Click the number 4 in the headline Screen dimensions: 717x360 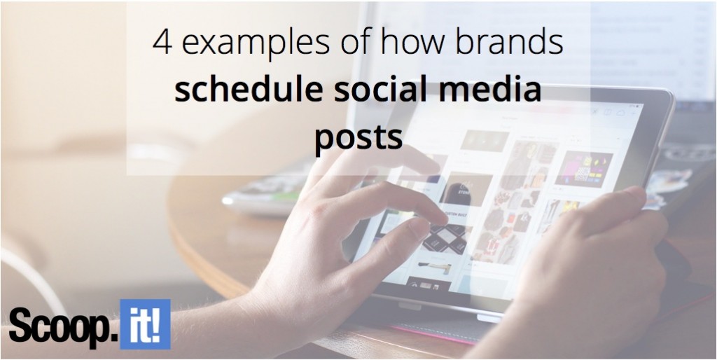(x=162, y=43)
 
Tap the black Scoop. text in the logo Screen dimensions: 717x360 (x=62, y=327)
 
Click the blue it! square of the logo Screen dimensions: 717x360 (x=145, y=324)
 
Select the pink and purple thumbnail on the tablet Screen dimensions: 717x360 (x=583, y=169)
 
